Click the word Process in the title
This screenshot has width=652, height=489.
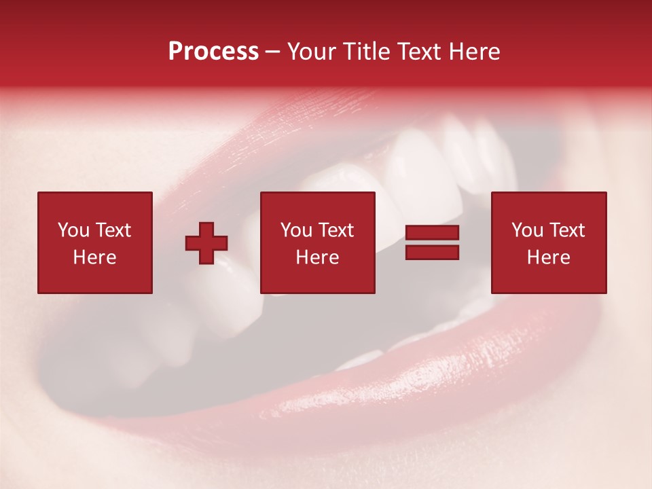(213, 52)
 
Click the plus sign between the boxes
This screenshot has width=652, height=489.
(206, 243)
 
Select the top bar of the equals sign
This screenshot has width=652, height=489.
(432, 233)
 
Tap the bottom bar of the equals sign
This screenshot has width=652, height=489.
(432, 252)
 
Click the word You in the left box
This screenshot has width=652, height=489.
(73, 230)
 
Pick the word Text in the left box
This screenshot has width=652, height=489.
(113, 230)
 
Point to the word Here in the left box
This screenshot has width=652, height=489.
(94, 257)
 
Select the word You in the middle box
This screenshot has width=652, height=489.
(296, 230)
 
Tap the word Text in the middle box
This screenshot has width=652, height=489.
(336, 230)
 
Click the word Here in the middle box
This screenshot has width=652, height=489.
(317, 257)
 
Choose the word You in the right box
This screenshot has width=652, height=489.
(527, 230)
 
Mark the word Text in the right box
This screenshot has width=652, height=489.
(566, 230)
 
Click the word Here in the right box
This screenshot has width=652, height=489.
(548, 257)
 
